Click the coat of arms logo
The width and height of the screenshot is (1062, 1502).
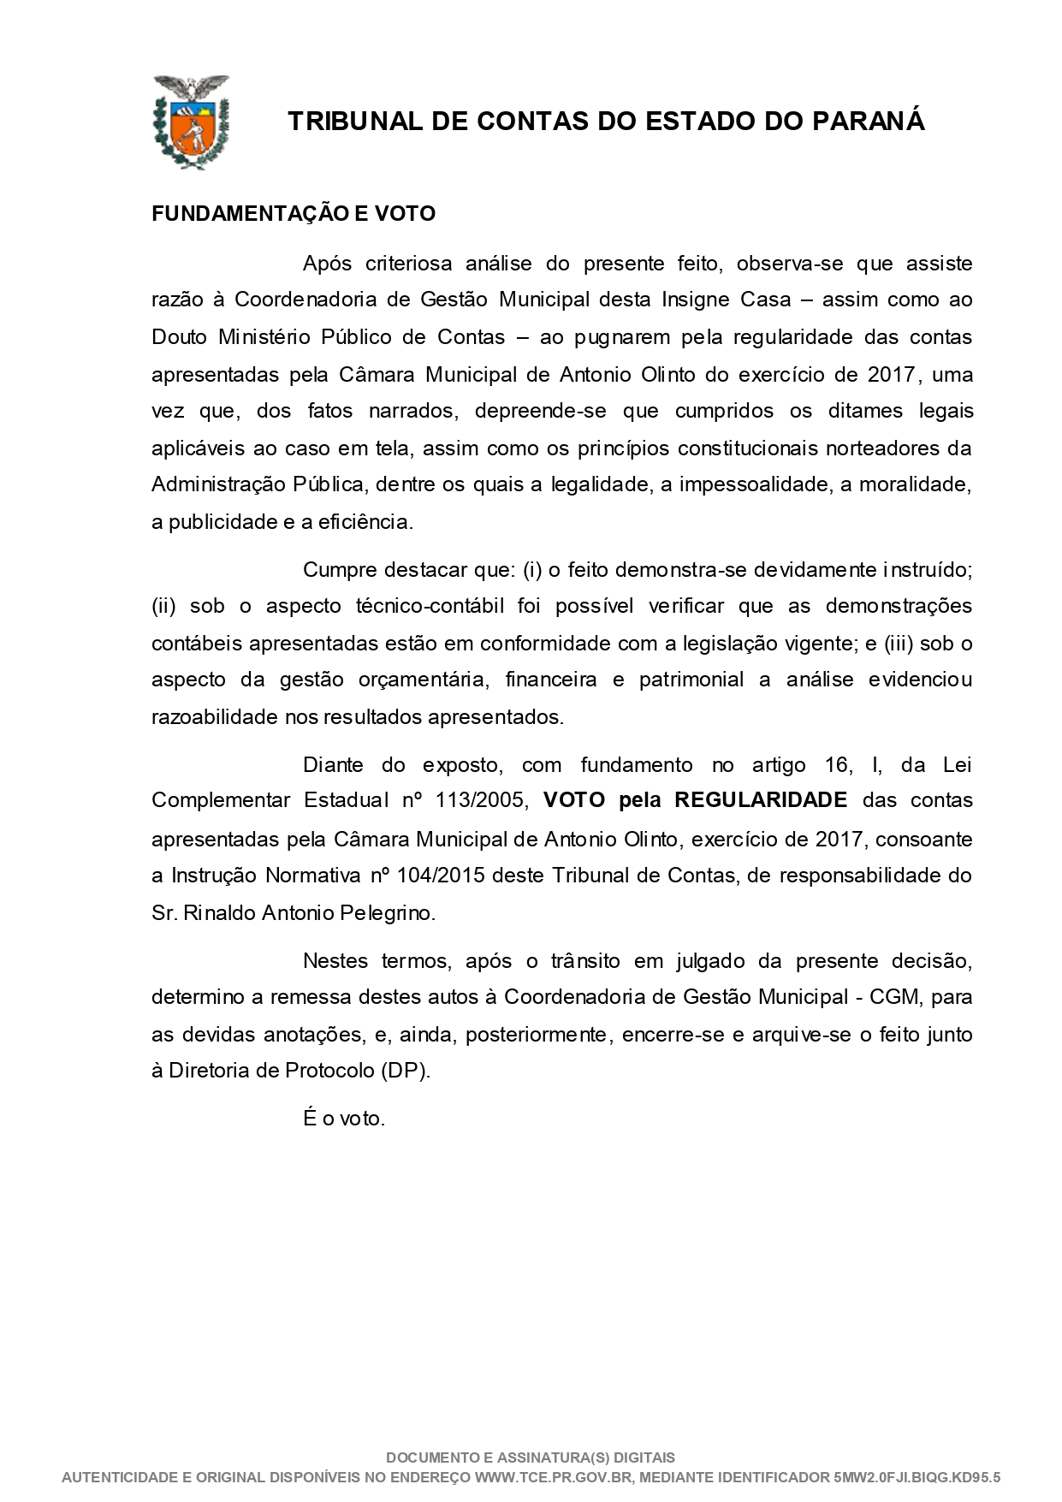[x=191, y=122]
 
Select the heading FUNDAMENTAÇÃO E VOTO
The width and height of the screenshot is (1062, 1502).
[x=294, y=214]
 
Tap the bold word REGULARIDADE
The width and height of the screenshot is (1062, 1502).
[x=761, y=800]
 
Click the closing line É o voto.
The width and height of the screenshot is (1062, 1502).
[x=344, y=1119]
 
